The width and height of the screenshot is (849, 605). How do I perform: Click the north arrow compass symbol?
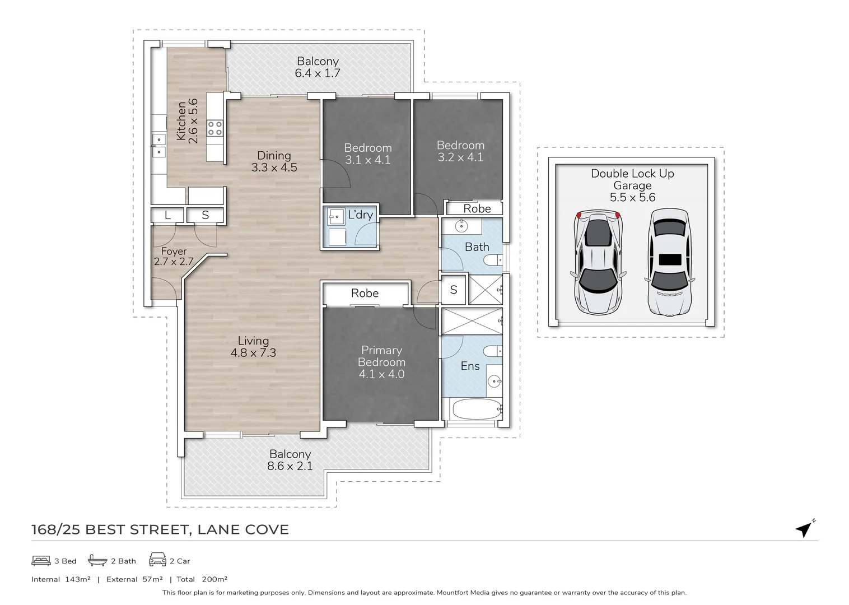click(805, 528)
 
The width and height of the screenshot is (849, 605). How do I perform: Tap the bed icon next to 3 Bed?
click(41, 560)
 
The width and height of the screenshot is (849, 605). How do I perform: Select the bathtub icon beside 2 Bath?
click(97, 560)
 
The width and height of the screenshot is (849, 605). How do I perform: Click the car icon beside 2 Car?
click(157, 560)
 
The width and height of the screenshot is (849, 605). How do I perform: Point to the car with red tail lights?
click(598, 263)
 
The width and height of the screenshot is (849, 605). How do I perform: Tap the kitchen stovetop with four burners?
click(215, 128)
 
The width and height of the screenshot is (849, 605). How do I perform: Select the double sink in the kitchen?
click(158, 145)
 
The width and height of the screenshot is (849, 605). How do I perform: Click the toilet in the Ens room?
click(493, 352)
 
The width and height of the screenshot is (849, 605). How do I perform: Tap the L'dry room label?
click(360, 215)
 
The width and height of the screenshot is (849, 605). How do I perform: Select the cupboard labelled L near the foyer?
click(167, 215)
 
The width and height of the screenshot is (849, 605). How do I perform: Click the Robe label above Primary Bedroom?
click(365, 293)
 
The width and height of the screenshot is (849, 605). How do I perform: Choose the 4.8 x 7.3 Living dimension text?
click(253, 353)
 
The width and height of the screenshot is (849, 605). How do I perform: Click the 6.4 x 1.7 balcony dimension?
click(318, 73)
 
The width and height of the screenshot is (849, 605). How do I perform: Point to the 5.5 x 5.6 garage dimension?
click(632, 197)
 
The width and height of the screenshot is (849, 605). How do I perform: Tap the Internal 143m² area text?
click(60, 579)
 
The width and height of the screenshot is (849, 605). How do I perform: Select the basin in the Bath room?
click(461, 226)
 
